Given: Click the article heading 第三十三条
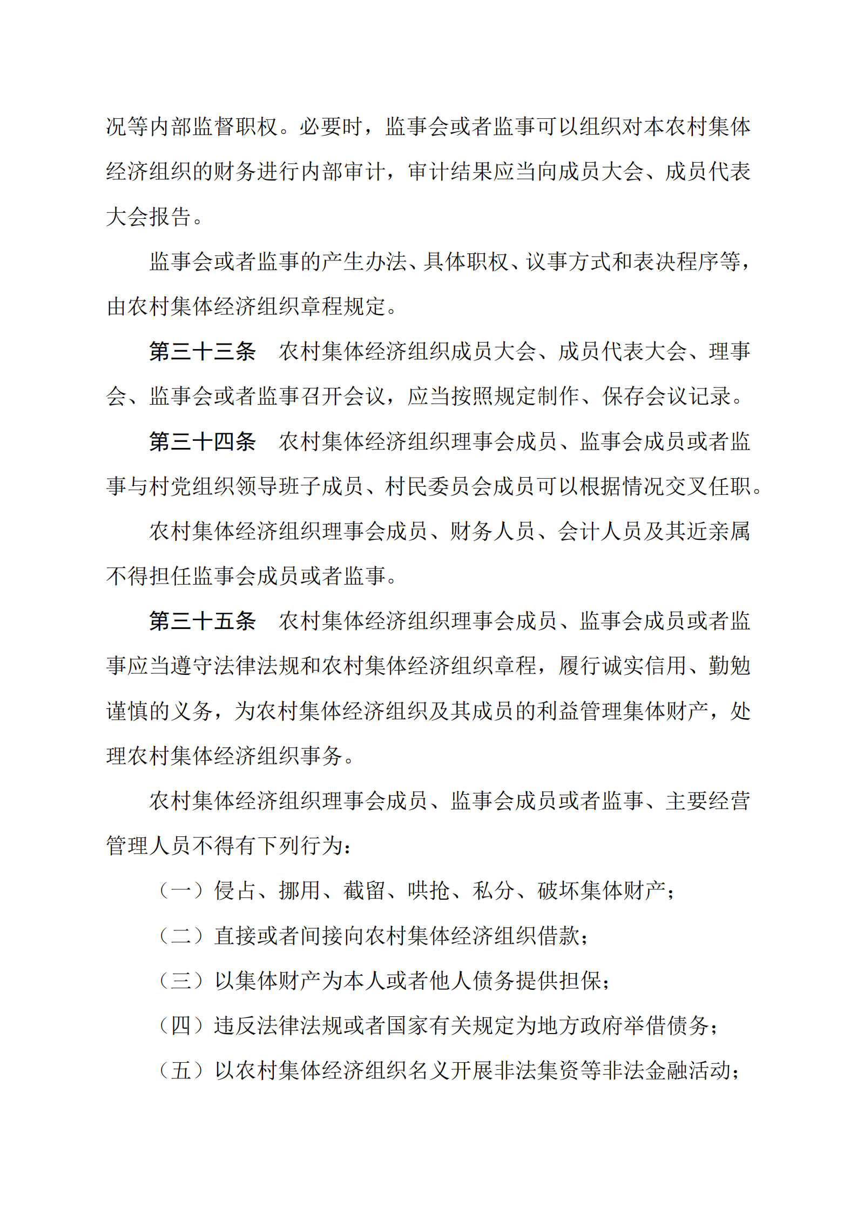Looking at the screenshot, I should (203, 352).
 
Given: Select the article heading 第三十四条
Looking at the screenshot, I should (203, 441).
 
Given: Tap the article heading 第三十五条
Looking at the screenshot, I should (203, 621).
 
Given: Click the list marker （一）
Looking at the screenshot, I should (181, 890).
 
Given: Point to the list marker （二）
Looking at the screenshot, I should (181, 935).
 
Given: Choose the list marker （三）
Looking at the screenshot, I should (181, 980).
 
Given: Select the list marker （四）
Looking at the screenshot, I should (181, 1025).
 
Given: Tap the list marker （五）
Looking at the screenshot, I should (181, 1070).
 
